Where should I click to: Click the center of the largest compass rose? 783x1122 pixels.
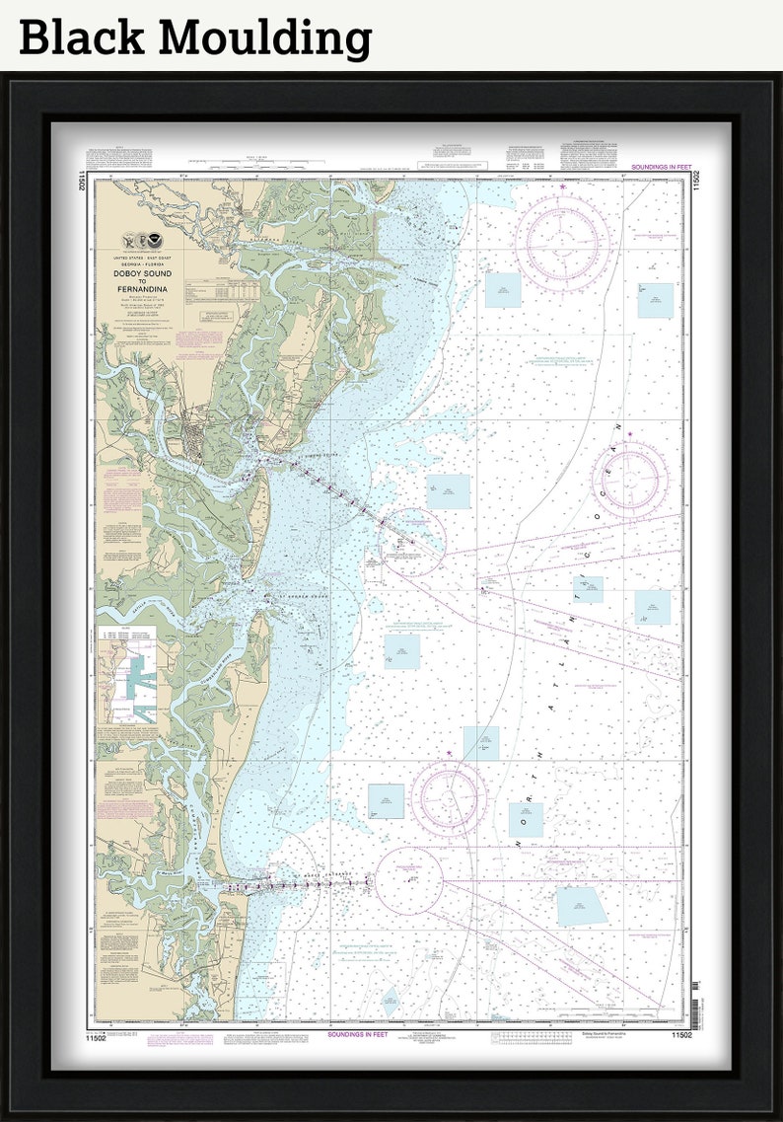pyautogui.click(x=562, y=244)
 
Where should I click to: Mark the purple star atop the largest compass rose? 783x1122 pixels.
pyautogui.click(x=562, y=187)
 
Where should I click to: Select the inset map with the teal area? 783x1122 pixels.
pyautogui.click(x=126, y=675)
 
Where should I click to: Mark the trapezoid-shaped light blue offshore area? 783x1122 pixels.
pyautogui.click(x=581, y=906)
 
